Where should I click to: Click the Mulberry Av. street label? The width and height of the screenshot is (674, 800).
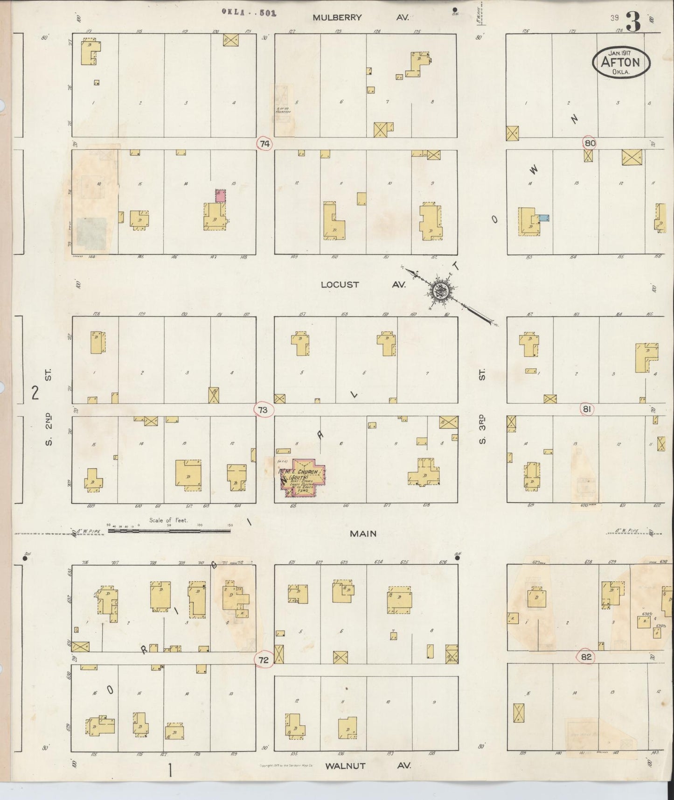361,17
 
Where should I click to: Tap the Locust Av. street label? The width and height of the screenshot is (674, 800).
363,284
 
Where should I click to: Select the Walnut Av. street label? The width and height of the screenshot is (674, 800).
368,766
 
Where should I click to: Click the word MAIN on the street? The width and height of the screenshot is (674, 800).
363,533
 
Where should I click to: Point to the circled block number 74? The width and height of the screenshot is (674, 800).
264,144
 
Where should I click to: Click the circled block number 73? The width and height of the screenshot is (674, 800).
263,410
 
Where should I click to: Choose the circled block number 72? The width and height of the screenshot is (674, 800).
264,660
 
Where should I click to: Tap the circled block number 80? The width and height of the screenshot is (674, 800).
590,143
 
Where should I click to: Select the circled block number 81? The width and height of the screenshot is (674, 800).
587,409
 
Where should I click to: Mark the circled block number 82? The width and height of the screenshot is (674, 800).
586,657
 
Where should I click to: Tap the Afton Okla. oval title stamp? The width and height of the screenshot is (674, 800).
622,63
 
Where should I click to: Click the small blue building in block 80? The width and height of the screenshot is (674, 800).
544,218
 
